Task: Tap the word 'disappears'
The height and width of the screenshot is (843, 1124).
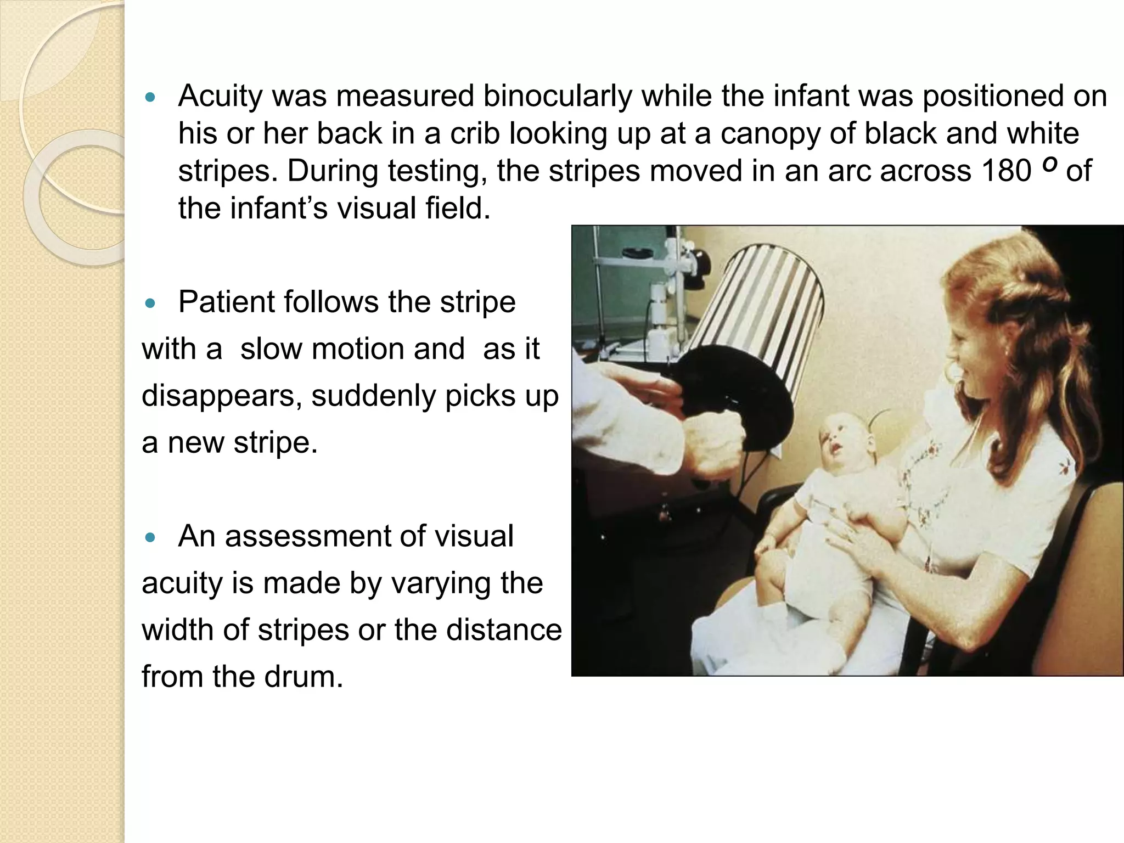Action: (x=221, y=395)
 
